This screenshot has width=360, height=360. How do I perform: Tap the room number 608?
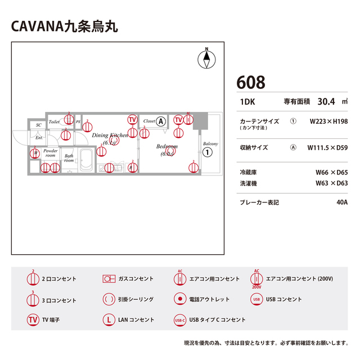point(251,82)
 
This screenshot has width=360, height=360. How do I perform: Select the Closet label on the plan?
point(149,121)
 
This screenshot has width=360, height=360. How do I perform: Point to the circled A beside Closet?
point(161,121)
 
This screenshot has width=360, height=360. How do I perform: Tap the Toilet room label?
point(54,121)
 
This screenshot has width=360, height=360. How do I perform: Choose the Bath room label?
point(69,158)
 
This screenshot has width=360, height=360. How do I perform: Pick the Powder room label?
point(51,153)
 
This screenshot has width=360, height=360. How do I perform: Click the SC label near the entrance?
point(39,125)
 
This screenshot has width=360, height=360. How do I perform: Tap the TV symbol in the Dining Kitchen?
point(132,119)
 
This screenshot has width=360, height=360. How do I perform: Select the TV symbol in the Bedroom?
point(178,120)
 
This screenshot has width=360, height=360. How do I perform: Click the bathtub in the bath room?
point(86,162)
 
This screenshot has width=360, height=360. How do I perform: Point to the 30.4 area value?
point(326,102)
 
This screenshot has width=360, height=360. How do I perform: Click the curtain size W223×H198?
point(328,121)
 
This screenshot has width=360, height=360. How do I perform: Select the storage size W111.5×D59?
point(327,148)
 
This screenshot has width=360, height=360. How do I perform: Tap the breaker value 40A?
point(341,202)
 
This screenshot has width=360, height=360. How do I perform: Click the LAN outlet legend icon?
point(109,319)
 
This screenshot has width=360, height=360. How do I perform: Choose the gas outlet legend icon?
point(109,278)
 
